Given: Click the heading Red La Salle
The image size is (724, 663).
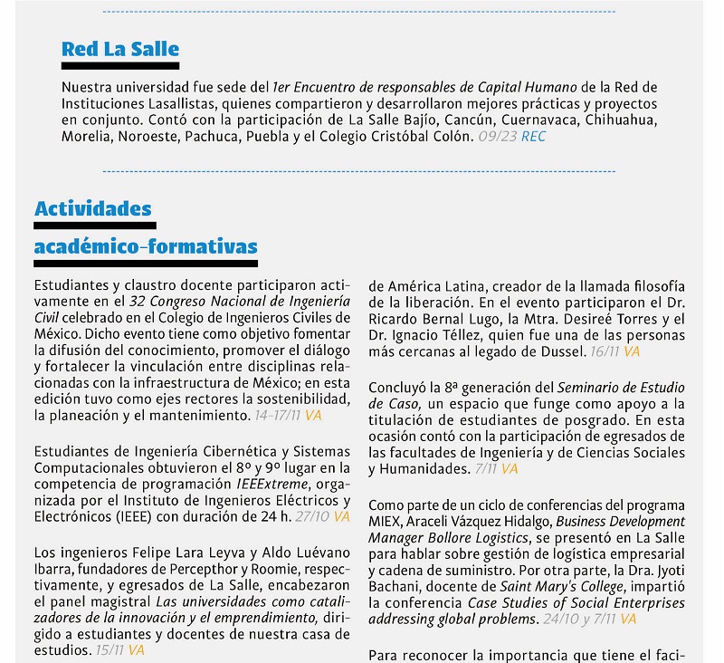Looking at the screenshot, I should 120,50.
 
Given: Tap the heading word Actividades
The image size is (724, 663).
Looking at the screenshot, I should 93,209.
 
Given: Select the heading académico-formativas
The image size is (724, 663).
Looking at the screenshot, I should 146,246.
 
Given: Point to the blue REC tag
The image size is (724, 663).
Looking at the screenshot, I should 534,137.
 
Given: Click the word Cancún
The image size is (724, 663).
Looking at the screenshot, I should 472,120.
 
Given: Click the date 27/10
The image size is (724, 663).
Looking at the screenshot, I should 311,517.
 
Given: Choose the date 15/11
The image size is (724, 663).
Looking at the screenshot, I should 110,650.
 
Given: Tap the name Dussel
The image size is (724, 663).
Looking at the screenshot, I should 562,351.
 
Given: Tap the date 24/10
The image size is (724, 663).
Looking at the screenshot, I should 556,620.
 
